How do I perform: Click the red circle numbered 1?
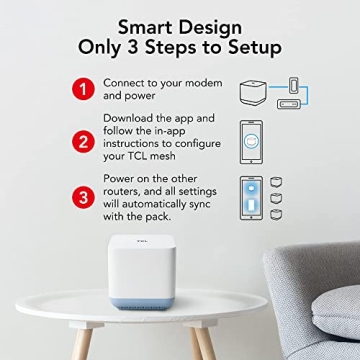click(83, 88)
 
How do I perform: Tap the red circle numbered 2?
click(83, 141)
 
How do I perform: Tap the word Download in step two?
click(130, 119)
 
